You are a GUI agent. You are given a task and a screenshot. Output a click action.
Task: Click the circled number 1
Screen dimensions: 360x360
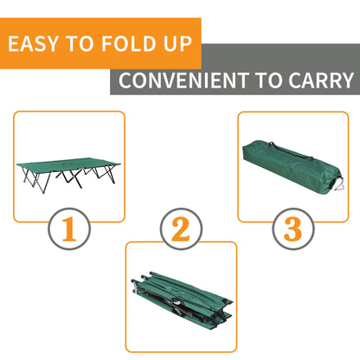pos(68,229)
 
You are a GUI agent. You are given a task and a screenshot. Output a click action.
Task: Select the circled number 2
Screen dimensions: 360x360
pos(180,229)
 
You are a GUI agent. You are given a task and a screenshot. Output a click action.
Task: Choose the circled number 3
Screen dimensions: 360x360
pos(292,229)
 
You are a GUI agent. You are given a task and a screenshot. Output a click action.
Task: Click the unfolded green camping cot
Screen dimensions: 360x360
pos(68,169)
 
